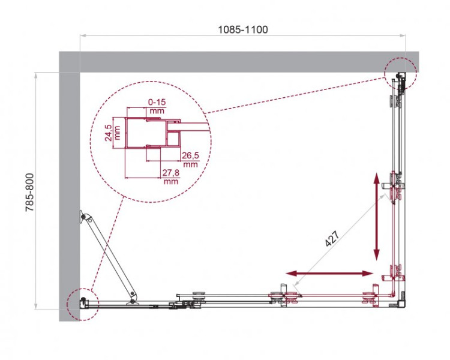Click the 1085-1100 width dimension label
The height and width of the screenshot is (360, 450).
[243, 29]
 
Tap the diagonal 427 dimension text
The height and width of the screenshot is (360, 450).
[333, 239]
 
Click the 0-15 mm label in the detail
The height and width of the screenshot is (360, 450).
[157, 106]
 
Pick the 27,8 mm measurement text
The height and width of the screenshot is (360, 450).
[171, 176]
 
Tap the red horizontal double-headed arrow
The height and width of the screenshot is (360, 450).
[330, 274]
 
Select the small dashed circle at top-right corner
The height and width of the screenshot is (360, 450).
[400, 74]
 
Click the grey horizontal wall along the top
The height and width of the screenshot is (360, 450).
[240, 62]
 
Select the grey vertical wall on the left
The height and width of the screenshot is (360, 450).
[70, 192]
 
